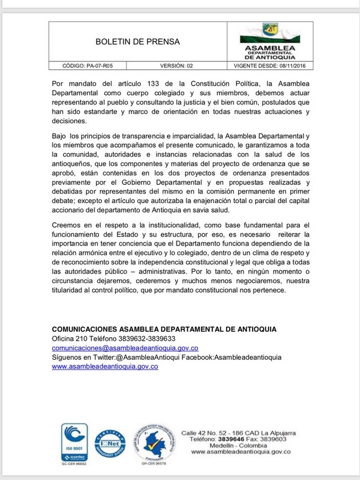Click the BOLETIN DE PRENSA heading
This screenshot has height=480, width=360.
point(138,41)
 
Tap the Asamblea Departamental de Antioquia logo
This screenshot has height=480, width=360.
point(270,41)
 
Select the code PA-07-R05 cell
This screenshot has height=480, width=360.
point(88,66)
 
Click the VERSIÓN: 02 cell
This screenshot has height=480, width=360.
point(177,66)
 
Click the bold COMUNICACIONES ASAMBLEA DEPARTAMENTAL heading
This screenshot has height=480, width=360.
point(164,329)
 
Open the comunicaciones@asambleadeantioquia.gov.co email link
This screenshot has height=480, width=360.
point(125,348)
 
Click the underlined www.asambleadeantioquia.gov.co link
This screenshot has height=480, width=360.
point(105,367)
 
